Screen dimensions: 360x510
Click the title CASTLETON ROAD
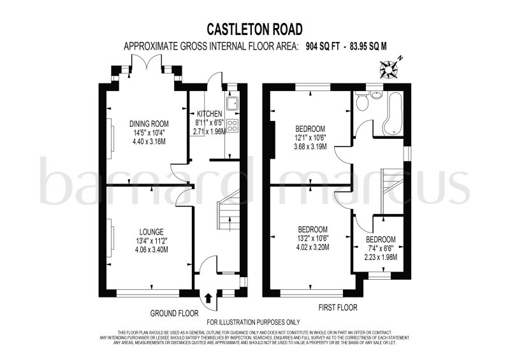click(255, 29)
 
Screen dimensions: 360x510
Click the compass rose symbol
click(389, 65)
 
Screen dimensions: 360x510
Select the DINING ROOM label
click(149, 124)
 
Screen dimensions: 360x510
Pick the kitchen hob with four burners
click(233, 126)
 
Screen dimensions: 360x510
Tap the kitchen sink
click(233, 101)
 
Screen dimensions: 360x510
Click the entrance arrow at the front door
click(209, 298)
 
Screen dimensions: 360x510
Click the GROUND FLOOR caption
click(174, 313)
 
